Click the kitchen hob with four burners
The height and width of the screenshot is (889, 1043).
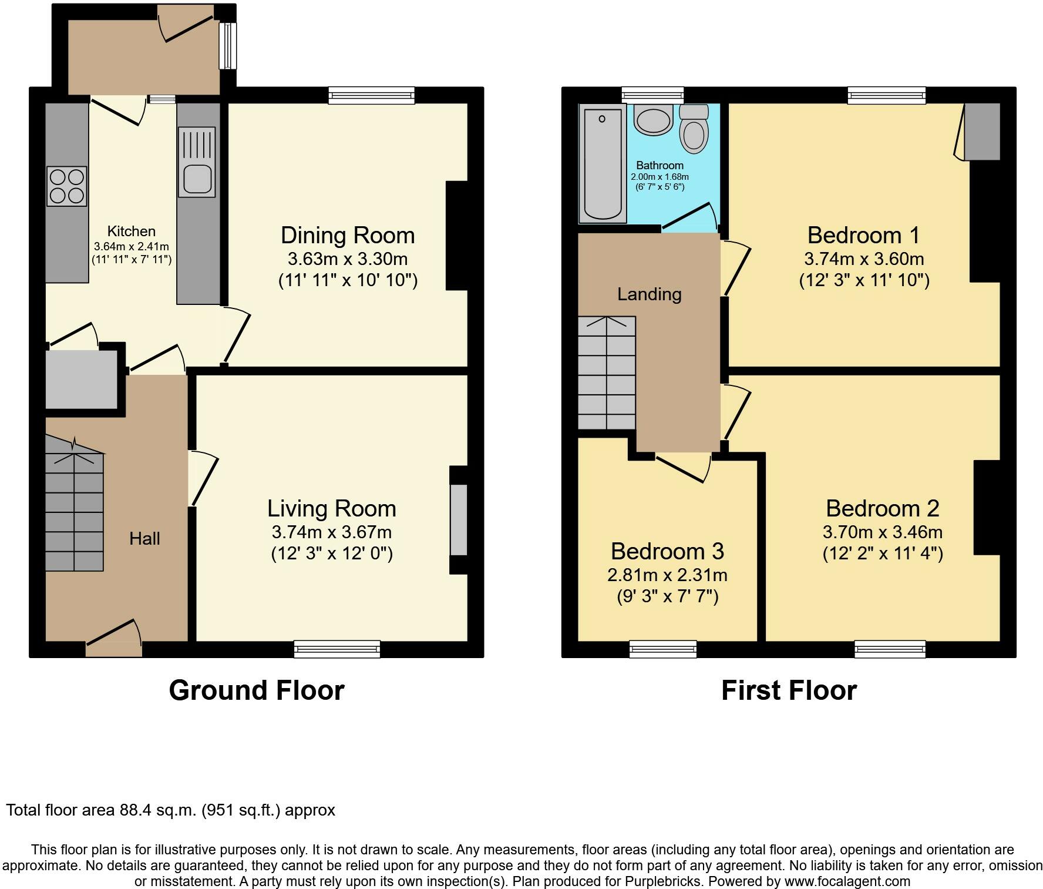(x=67, y=186)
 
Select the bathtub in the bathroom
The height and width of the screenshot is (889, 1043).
(x=602, y=164)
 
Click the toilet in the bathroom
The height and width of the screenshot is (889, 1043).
(x=694, y=129)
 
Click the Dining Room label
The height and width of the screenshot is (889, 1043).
(x=348, y=235)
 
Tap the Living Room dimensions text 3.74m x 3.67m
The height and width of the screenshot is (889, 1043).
(x=332, y=532)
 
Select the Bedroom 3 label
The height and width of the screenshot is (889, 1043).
(x=667, y=551)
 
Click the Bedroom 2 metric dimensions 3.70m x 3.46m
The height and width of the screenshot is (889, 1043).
(x=883, y=532)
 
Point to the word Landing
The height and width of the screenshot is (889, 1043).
(x=650, y=294)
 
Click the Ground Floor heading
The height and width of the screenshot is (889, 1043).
(x=257, y=690)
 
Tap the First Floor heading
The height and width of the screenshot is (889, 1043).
(x=789, y=690)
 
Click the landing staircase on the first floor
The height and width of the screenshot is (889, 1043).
(x=607, y=373)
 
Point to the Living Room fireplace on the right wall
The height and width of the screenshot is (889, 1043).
(x=459, y=519)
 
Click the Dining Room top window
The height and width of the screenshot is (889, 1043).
(x=372, y=95)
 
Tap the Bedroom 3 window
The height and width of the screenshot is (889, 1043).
(x=663, y=649)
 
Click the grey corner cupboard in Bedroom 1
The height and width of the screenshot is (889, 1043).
(x=982, y=132)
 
